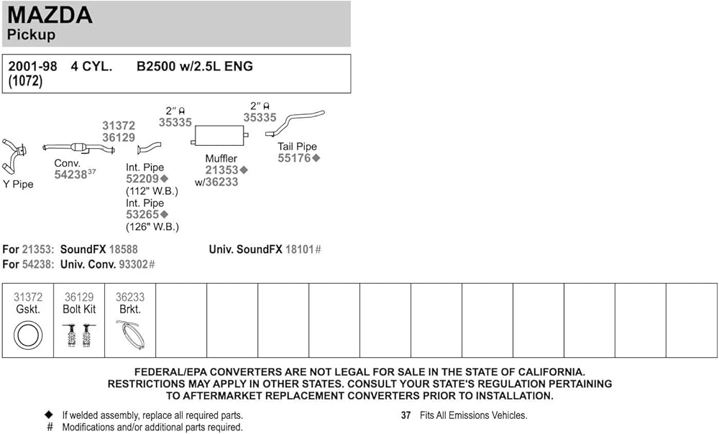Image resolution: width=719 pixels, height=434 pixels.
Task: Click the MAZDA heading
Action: pyautogui.click(x=50, y=14)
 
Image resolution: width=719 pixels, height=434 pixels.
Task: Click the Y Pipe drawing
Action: pyautogui.click(x=14, y=156)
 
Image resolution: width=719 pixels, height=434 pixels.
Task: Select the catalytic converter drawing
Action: pyautogui.click(x=79, y=148)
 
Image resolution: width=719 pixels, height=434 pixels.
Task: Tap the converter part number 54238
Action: pyautogui.click(x=70, y=175)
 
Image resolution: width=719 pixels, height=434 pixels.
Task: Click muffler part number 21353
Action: pyautogui.click(x=221, y=170)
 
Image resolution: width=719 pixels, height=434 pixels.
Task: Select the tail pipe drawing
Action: pyautogui.click(x=296, y=122)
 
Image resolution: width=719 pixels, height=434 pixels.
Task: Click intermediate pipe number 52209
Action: pyautogui.click(x=142, y=179)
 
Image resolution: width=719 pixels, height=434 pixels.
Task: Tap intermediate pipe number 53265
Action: pyautogui.click(x=142, y=214)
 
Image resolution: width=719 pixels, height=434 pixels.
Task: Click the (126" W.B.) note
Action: pyautogui.click(x=152, y=226)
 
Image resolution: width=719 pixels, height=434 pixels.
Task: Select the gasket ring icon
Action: pyautogui.click(x=28, y=334)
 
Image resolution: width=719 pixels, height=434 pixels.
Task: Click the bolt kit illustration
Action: pyautogui.click(x=79, y=335)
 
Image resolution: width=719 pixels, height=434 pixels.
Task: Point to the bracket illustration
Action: pyautogui.click(x=130, y=334)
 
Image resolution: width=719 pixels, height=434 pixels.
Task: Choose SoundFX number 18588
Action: pyautogui.click(x=122, y=249)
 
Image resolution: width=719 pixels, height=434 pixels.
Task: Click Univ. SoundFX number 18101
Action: pyautogui.click(x=300, y=249)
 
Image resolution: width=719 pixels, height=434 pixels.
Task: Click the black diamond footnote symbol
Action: pyautogui.click(x=49, y=415)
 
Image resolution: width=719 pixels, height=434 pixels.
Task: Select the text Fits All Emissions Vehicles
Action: pyautogui.click(x=475, y=415)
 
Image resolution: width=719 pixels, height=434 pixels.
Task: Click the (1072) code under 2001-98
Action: pyautogui.click(x=25, y=81)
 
